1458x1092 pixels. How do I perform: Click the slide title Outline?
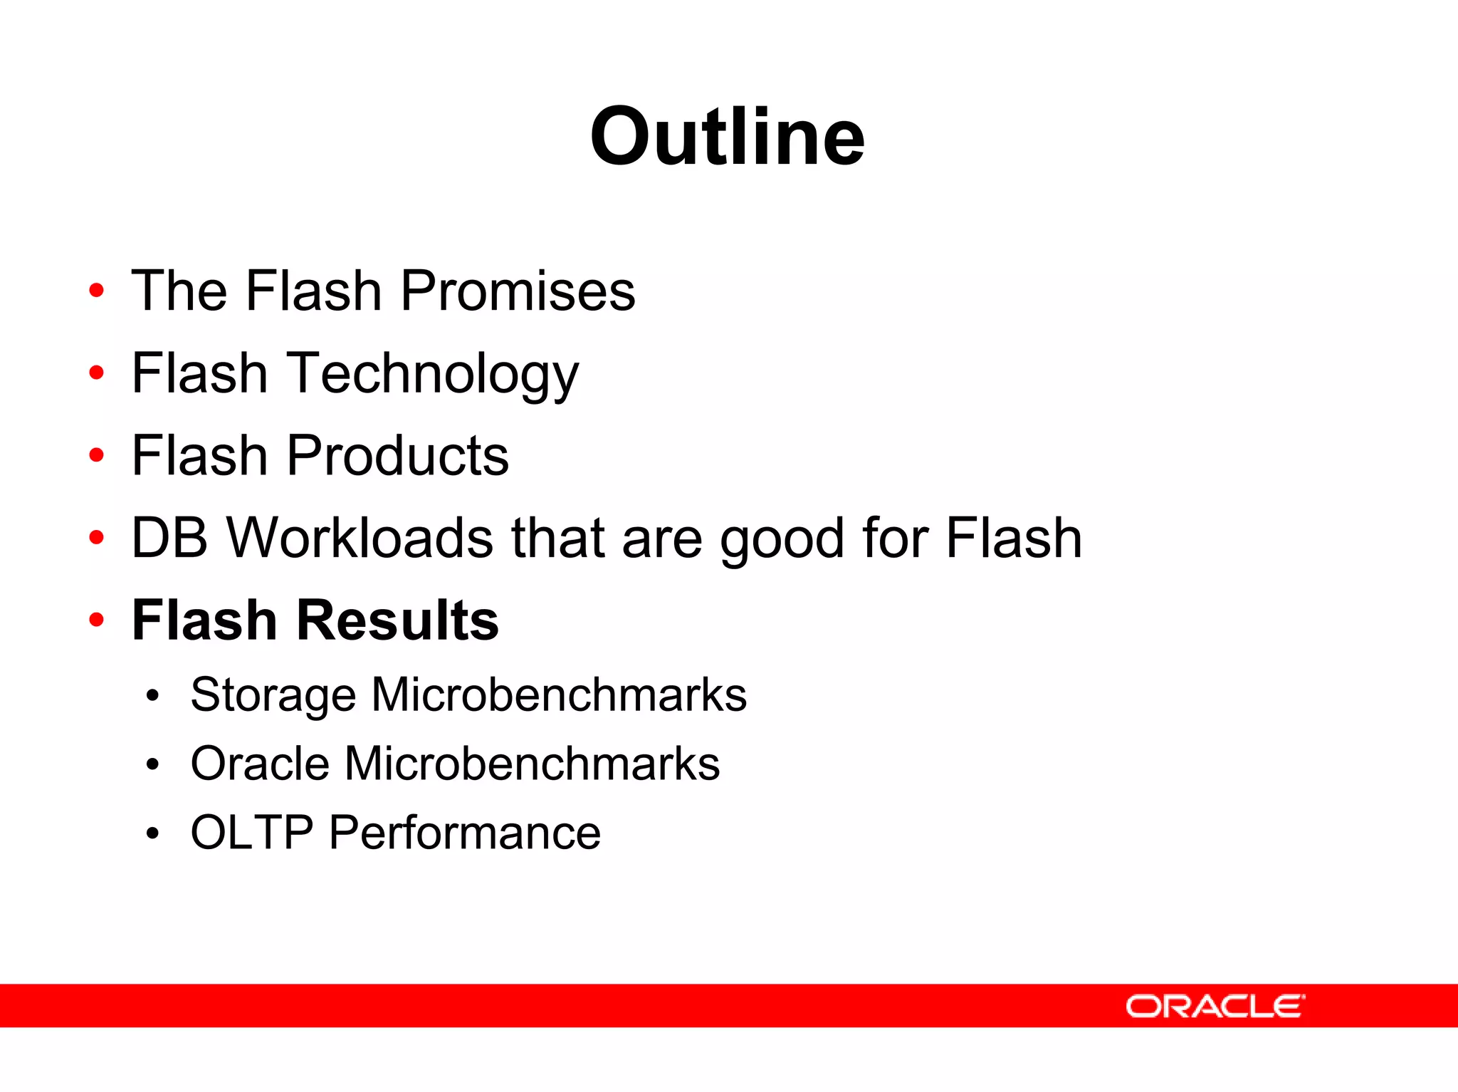727,137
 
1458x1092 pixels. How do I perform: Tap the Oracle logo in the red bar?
1215,1007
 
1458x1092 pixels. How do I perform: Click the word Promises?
517,291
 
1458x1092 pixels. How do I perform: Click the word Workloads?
360,538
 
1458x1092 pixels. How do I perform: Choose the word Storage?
273,695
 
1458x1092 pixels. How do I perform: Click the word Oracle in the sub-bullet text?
260,764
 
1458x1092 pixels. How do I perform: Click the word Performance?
464,832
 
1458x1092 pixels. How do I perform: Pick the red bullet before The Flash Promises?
97,291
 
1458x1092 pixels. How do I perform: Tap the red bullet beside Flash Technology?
97,373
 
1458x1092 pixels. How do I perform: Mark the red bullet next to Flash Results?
97,620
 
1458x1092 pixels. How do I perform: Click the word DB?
169,538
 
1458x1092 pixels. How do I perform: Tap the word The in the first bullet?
179,291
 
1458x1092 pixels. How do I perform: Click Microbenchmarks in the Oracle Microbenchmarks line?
532,764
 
